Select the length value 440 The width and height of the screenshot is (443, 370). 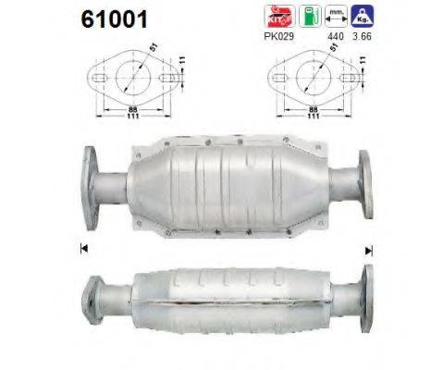pos(336,38)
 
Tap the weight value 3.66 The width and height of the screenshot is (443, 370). pos(366,38)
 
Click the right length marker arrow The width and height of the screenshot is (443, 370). pos(369,249)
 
